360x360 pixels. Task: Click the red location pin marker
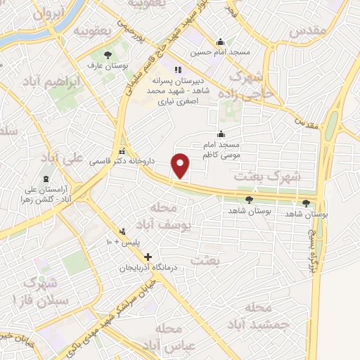tap(181, 165)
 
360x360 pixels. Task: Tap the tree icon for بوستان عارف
tap(108, 54)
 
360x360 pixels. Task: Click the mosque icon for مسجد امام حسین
tap(221, 41)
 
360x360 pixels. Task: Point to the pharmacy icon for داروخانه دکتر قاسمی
tap(122, 151)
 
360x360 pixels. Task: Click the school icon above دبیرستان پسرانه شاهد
tap(178, 70)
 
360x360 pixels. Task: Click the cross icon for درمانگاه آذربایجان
tap(148, 257)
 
